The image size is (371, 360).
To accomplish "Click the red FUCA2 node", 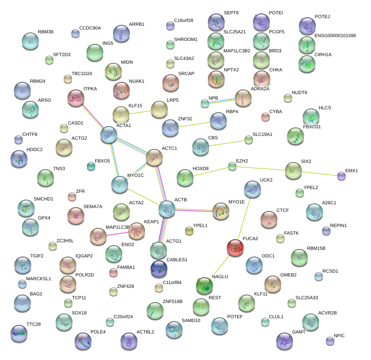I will (x=235, y=248).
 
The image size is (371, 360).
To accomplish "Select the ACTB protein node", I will (x=167, y=209).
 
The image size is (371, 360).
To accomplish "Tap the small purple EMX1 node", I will (x=341, y=176).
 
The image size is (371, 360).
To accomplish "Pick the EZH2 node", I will (x=232, y=166).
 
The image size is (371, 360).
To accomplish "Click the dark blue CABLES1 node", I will (x=159, y=267).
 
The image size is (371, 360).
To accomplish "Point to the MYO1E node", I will (x=221, y=211).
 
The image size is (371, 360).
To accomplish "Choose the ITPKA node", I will (x=76, y=98).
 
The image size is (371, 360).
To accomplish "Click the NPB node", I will (x=205, y=103).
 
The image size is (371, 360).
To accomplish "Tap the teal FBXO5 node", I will (x=91, y=166).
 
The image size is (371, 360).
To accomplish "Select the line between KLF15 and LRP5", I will (x=140, y=112).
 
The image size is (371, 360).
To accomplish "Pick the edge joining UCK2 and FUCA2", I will (x=244, y=218).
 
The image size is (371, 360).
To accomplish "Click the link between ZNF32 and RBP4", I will (x=194, y=124).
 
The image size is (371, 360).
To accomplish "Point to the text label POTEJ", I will (x=322, y=17).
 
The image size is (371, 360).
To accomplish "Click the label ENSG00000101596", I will (x=335, y=36).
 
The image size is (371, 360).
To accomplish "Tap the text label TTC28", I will (x=34, y=324).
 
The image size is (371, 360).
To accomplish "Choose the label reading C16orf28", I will (x=183, y=21).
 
